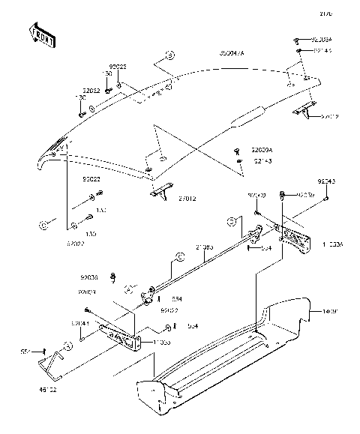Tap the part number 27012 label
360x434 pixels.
tap(187, 199)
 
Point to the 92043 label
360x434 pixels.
tap(325, 182)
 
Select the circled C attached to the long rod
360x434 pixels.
tap(179, 256)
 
